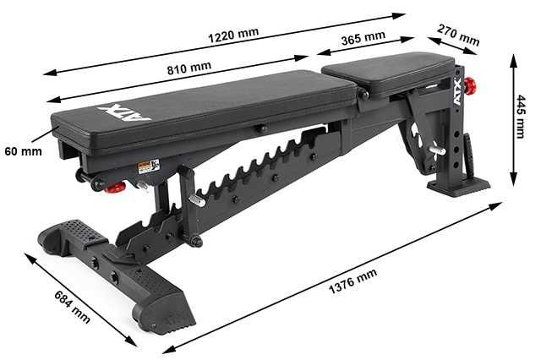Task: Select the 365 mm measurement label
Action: click(x=363, y=39)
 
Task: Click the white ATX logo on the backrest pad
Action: click(x=124, y=112)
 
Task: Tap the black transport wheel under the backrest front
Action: click(x=84, y=177)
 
